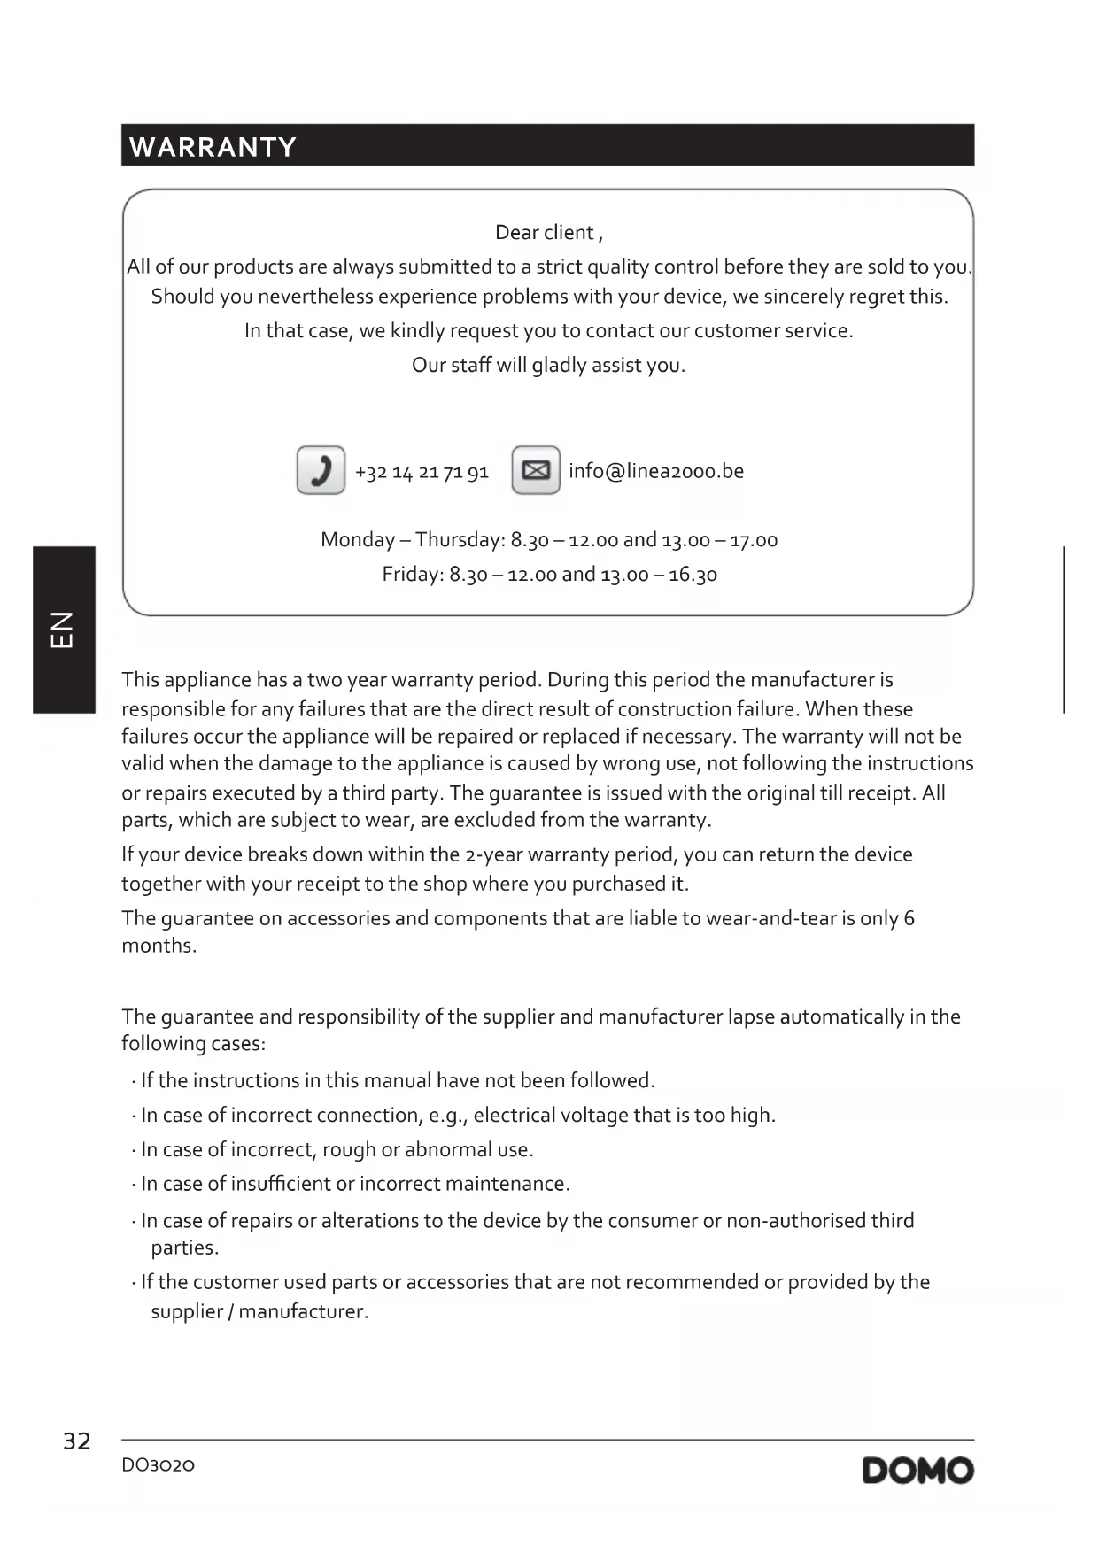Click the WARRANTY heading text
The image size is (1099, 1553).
point(213,147)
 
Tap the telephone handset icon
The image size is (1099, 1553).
point(321,470)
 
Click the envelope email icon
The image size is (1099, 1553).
point(536,470)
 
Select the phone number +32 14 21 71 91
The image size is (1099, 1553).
point(422,472)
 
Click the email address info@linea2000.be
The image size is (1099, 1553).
point(655,471)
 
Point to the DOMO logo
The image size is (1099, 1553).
point(917,1471)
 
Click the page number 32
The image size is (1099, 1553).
point(77,1441)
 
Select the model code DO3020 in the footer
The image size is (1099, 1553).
point(158,1465)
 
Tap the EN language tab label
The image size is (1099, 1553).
point(63,630)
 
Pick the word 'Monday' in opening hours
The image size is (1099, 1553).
point(358,540)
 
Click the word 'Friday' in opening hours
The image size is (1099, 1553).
point(412,575)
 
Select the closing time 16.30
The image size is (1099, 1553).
point(693,575)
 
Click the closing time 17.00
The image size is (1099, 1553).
point(754,540)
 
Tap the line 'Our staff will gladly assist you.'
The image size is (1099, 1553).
point(548,366)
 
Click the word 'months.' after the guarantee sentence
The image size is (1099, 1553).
point(159,946)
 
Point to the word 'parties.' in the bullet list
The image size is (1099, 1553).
point(184,1248)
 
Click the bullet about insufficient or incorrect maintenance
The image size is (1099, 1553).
point(355,1184)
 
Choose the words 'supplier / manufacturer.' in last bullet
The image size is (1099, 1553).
point(259,1311)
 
